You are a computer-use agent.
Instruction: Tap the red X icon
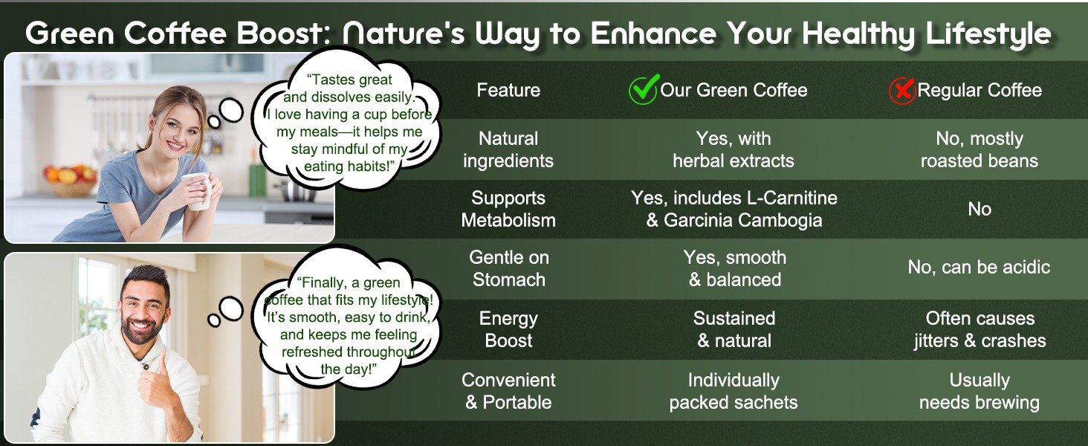[x=902, y=91]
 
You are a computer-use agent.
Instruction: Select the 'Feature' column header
[x=508, y=90]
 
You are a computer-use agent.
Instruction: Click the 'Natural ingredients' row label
[x=508, y=149]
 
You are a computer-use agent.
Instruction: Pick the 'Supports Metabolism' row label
[x=508, y=209]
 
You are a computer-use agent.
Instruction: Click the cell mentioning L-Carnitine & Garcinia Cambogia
[x=734, y=209]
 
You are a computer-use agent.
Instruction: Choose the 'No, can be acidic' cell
[x=979, y=267]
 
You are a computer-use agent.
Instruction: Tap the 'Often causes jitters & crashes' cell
[x=979, y=329]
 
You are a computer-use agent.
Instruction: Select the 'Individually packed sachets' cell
[x=734, y=391]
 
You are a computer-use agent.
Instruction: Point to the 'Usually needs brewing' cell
[x=979, y=391]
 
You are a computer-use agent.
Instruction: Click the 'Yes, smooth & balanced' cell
[x=734, y=268]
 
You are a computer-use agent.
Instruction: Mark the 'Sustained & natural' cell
[x=734, y=329]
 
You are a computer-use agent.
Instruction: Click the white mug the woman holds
[x=198, y=191]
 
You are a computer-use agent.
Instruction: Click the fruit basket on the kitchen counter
[x=71, y=181]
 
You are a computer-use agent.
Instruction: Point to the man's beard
[x=140, y=330]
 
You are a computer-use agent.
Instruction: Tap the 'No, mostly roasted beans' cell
[x=979, y=149]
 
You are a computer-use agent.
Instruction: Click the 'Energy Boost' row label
[x=508, y=329]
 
